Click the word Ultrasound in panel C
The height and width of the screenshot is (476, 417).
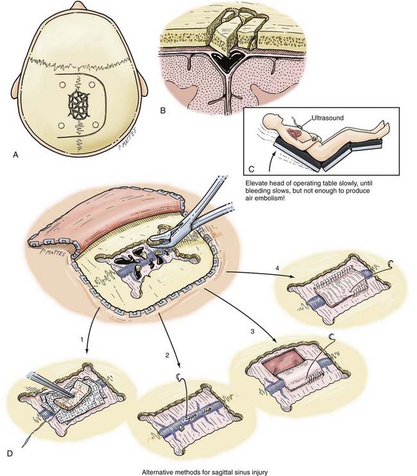pos(327,118)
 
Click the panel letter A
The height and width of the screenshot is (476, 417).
pos(15,155)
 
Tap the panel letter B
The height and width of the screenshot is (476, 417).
pos(163,110)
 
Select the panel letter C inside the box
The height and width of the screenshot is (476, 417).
pos(251,169)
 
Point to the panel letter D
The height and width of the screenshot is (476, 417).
pos(10,454)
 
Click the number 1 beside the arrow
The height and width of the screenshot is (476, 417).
pos(82,340)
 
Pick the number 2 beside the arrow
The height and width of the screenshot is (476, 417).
pos(167,355)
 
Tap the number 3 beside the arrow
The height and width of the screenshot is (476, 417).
pos(252,331)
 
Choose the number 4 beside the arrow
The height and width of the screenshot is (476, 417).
pos(277,269)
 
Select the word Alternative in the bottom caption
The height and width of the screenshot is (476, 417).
pos(156,472)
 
